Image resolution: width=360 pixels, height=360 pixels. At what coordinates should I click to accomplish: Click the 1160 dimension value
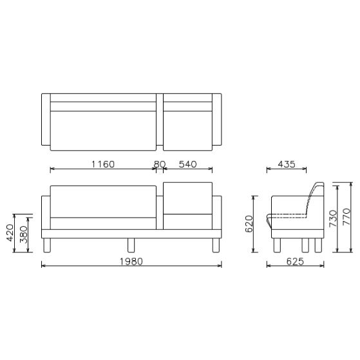(x=102, y=164)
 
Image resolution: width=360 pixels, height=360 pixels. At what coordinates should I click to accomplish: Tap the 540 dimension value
(x=187, y=164)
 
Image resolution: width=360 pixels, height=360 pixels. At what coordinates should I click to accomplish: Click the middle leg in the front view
(x=131, y=245)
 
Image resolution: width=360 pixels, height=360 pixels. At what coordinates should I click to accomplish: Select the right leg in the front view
(x=215, y=245)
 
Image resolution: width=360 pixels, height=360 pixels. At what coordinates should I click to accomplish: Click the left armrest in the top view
(x=45, y=120)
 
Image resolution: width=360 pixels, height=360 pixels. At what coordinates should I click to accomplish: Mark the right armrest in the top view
(x=218, y=120)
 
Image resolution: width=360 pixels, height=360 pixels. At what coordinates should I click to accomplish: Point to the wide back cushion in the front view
(x=103, y=201)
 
